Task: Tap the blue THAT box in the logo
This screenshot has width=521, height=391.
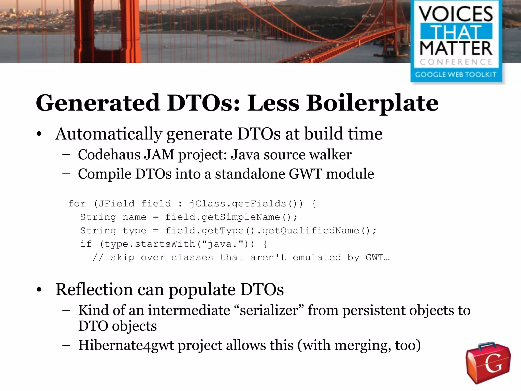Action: (x=456, y=32)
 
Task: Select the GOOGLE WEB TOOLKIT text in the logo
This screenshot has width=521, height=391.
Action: (x=456, y=75)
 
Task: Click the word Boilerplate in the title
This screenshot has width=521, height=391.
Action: (x=372, y=103)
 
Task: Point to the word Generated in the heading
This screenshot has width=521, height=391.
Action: (x=98, y=103)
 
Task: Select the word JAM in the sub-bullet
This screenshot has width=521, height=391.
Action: (x=159, y=155)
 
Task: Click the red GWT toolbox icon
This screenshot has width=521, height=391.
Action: (x=488, y=362)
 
